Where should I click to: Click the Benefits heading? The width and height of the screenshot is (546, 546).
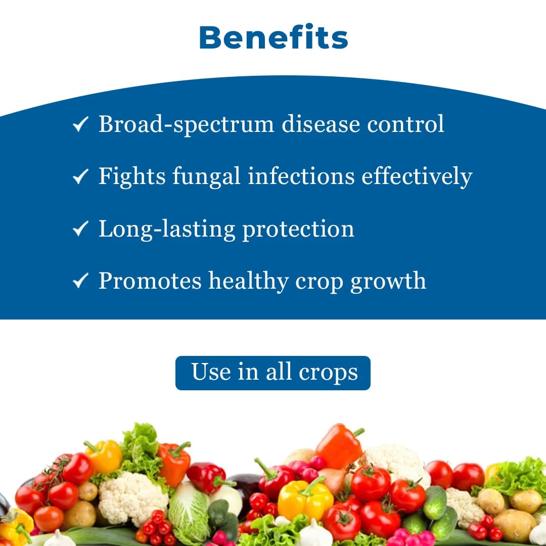click(x=274, y=38)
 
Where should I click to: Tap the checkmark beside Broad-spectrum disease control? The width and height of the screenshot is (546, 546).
click(x=81, y=124)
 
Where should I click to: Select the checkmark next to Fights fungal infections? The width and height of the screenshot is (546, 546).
click(x=81, y=176)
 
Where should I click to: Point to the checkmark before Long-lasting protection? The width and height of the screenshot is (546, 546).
click(x=81, y=229)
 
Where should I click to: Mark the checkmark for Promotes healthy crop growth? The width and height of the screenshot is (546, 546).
click(x=81, y=281)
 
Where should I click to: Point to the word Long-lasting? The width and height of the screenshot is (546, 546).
click(x=166, y=230)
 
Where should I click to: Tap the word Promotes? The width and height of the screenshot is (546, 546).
click(x=150, y=281)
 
